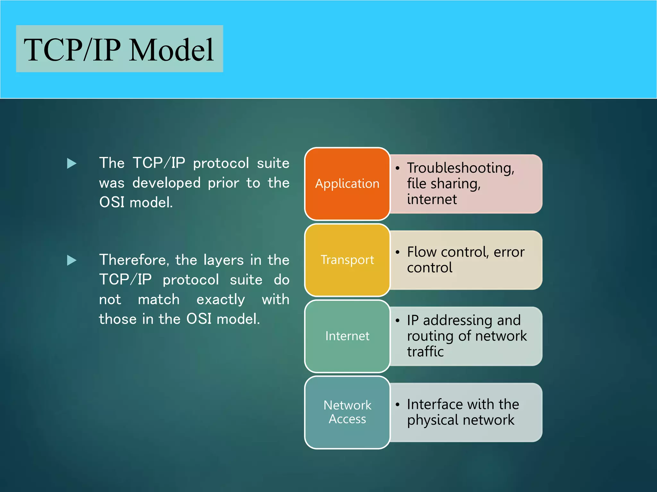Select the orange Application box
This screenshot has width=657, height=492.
pyautogui.click(x=347, y=184)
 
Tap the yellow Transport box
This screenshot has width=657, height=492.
pyautogui.click(x=347, y=260)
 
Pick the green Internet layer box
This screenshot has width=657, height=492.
pyautogui.click(x=347, y=336)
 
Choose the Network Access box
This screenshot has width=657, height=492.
pyautogui.click(x=347, y=412)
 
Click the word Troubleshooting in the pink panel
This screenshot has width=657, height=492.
pyautogui.click(x=460, y=168)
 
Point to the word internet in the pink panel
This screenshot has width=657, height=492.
pyautogui.click(x=432, y=199)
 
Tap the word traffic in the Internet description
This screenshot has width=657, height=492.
pyautogui.click(x=425, y=352)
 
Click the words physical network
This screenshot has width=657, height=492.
pyautogui.click(x=461, y=420)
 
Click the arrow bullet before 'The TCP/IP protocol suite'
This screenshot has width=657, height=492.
pyautogui.click(x=72, y=163)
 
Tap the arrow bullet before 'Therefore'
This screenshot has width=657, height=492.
pyautogui.click(x=72, y=260)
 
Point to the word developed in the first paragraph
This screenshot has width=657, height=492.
pyautogui.click(x=166, y=183)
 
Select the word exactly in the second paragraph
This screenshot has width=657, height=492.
pyautogui.click(x=220, y=299)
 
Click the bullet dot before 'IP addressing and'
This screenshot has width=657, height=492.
pyautogui.click(x=397, y=320)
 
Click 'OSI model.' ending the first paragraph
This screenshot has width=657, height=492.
pyautogui.click(x=136, y=202)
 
